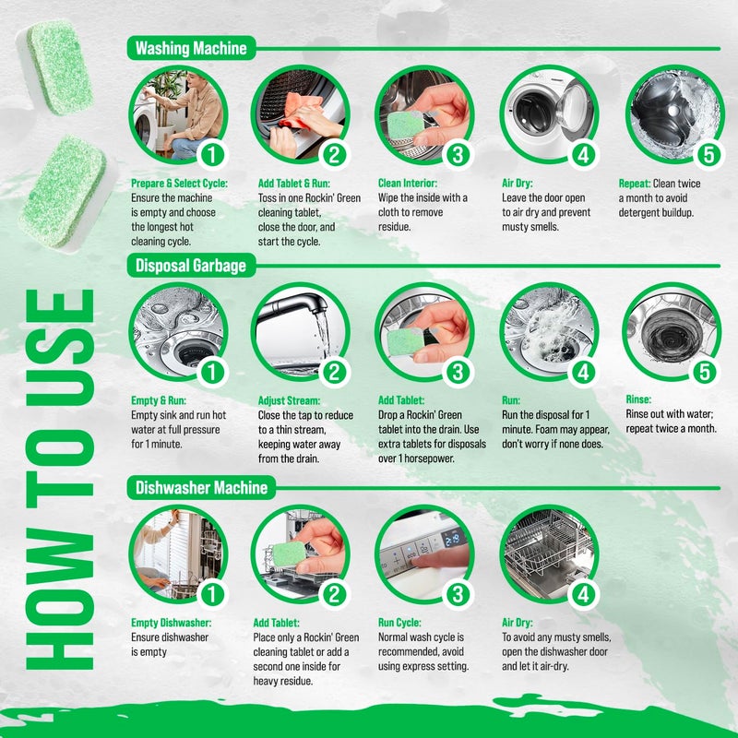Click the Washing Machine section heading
[191, 48]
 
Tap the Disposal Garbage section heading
[191, 267]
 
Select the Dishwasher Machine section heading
[201, 486]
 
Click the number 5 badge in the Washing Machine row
[708, 154]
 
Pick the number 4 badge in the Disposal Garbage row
[582, 373]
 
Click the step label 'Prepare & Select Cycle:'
[178, 184]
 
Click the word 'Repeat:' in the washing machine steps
[635, 184]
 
